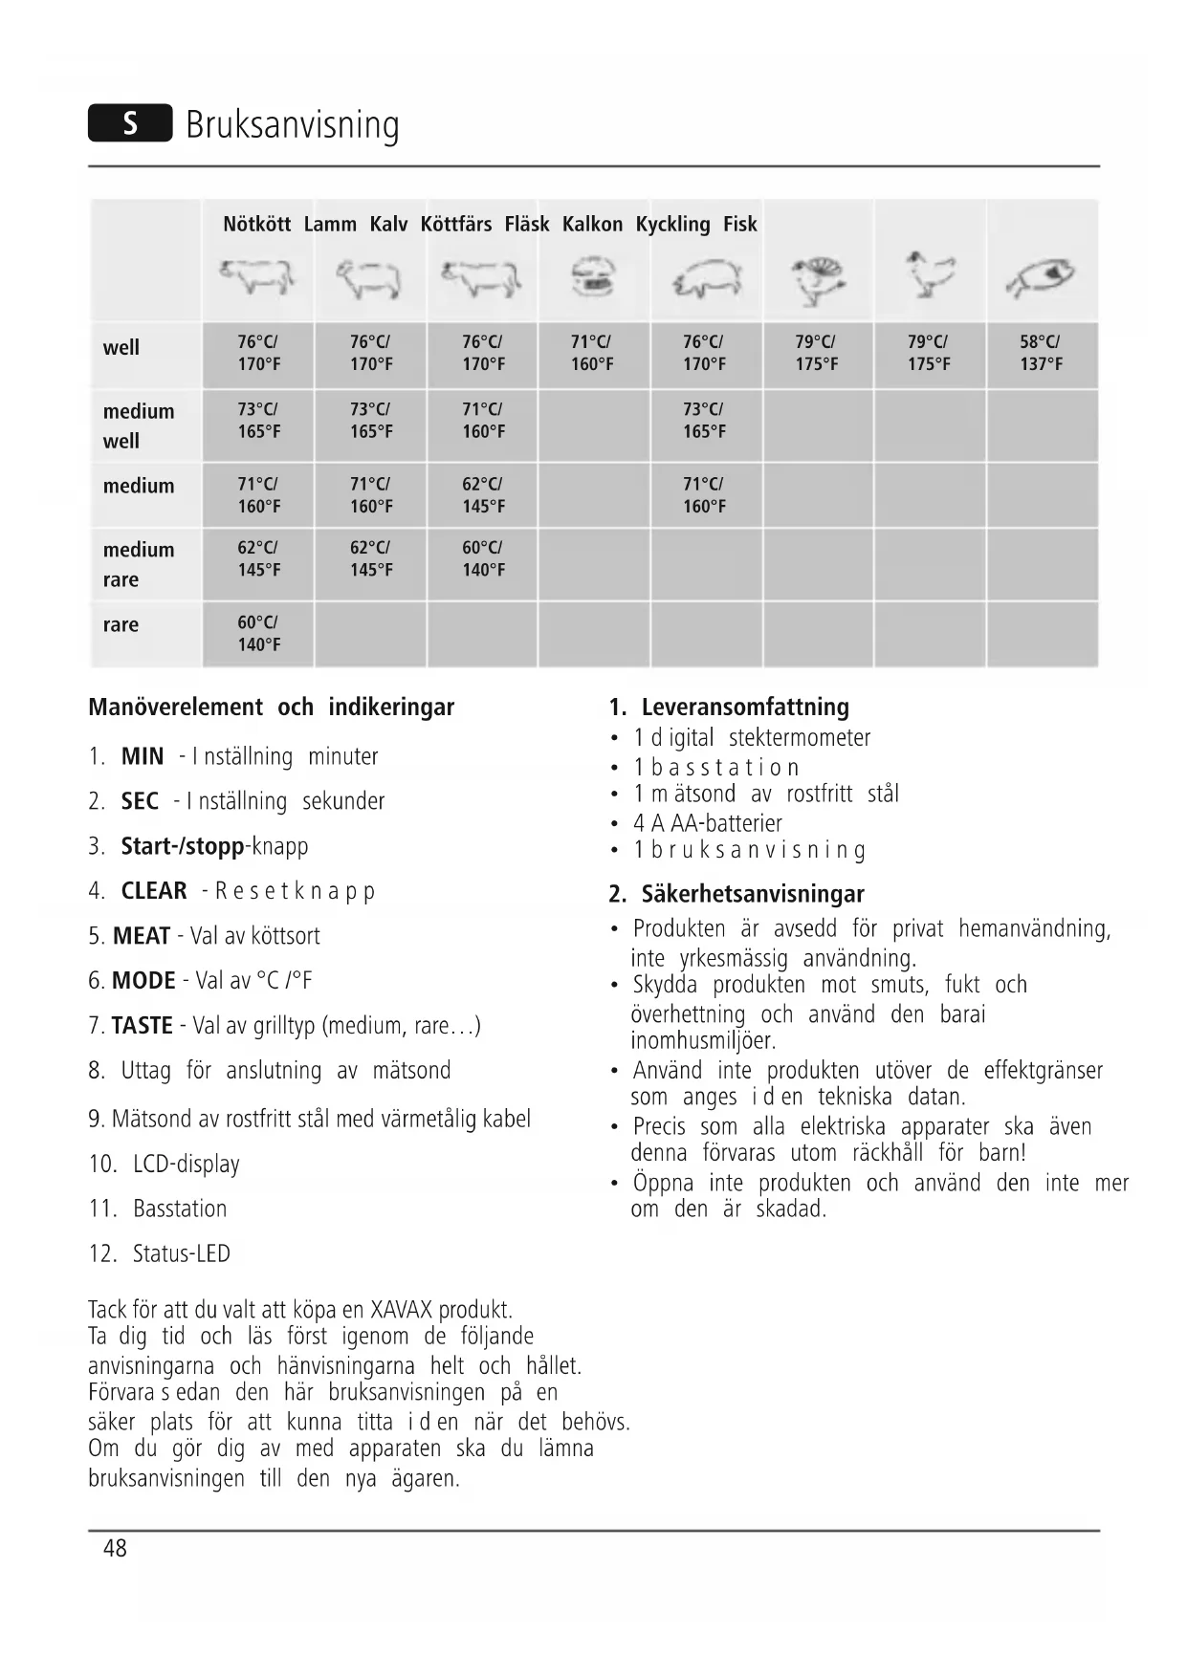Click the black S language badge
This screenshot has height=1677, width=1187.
(x=130, y=123)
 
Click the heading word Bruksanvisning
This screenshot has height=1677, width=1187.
(x=292, y=125)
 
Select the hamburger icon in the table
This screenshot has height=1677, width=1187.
(x=593, y=276)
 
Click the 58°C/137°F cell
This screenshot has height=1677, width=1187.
(x=1041, y=353)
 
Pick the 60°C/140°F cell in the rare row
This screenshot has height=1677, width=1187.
(x=258, y=633)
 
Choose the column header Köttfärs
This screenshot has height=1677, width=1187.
(x=455, y=225)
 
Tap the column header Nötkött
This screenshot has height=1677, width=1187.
(x=256, y=225)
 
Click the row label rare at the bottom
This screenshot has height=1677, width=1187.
(x=121, y=625)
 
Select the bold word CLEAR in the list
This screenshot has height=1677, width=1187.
(x=154, y=891)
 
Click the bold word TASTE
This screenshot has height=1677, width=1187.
(x=142, y=1026)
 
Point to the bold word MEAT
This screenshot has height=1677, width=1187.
(x=142, y=936)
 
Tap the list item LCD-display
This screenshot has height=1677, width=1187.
(x=186, y=1165)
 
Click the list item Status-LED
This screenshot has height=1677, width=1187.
(x=181, y=1254)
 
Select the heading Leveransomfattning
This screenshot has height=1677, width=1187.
(x=744, y=708)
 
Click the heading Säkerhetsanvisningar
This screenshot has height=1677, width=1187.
(x=752, y=895)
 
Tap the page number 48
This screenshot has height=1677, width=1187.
(x=115, y=1549)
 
